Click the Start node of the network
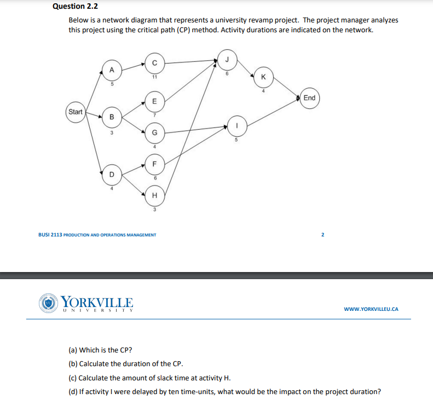click(75, 112)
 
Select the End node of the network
click(309, 98)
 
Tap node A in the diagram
click(112, 70)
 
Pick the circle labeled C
click(154, 62)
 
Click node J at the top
click(227, 59)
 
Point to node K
click(263, 77)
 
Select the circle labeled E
click(154, 101)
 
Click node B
click(112, 117)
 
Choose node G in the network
click(154, 132)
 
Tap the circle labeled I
click(236, 125)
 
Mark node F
click(154, 163)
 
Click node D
click(112, 175)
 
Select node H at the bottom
click(154, 195)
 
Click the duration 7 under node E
click(155, 115)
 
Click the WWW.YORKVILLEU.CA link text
click(371, 309)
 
